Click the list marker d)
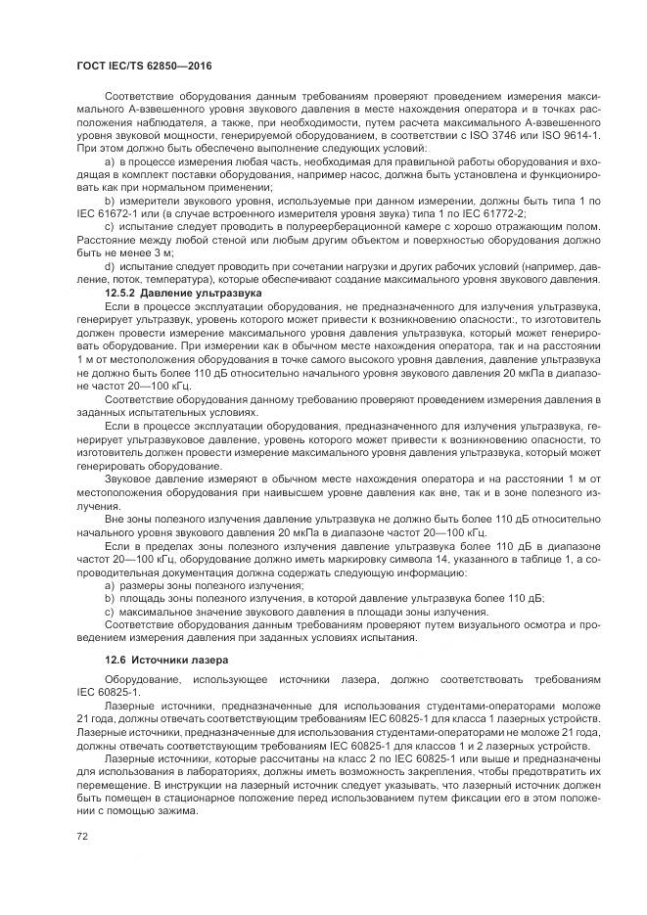110,263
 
